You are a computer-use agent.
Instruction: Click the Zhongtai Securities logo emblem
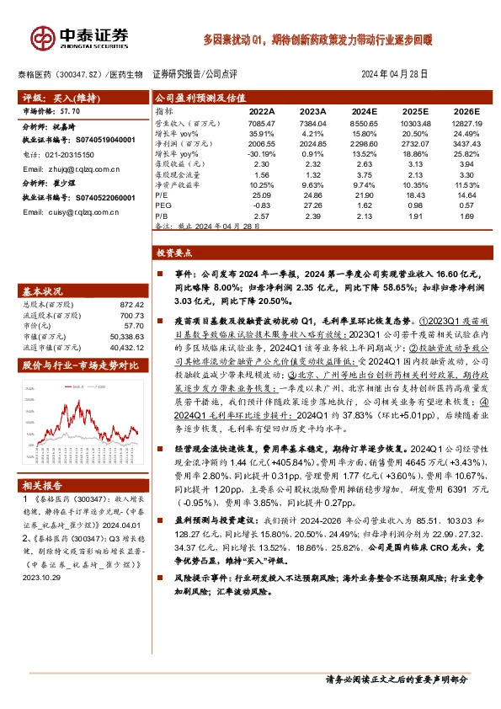point(41,37)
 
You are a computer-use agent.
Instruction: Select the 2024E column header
point(365,111)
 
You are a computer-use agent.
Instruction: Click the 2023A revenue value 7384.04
point(312,124)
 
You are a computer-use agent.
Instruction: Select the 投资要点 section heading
point(175,253)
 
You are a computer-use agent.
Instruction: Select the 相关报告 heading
point(42,487)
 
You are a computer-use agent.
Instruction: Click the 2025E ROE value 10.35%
point(414,184)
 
